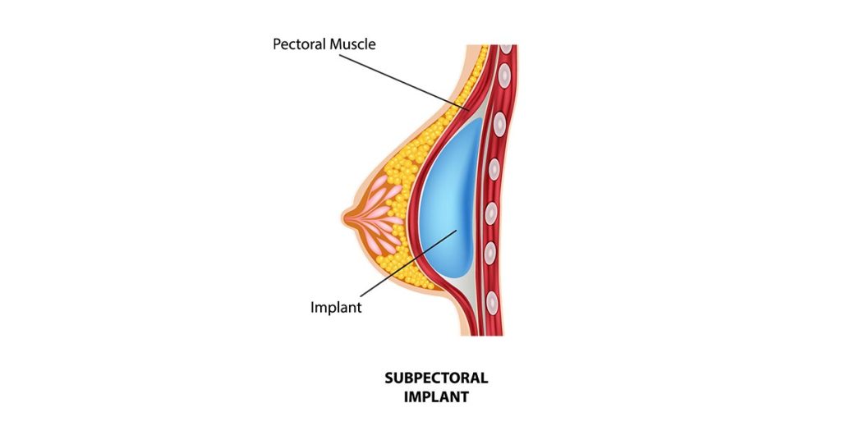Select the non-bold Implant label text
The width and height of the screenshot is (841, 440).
tap(336, 308)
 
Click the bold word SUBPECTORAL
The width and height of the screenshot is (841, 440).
tap(436, 378)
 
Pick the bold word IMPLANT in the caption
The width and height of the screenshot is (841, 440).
tap(436, 397)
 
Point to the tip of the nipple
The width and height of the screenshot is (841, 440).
tap(342, 217)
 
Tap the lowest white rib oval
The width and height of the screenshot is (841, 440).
tap(492, 303)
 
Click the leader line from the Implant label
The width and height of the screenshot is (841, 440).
tap(409, 264)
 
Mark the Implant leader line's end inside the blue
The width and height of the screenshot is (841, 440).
tap(457, 231)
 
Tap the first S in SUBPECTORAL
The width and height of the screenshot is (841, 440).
tap(388, 378)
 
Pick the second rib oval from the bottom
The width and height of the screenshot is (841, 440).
tap(489, 253)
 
